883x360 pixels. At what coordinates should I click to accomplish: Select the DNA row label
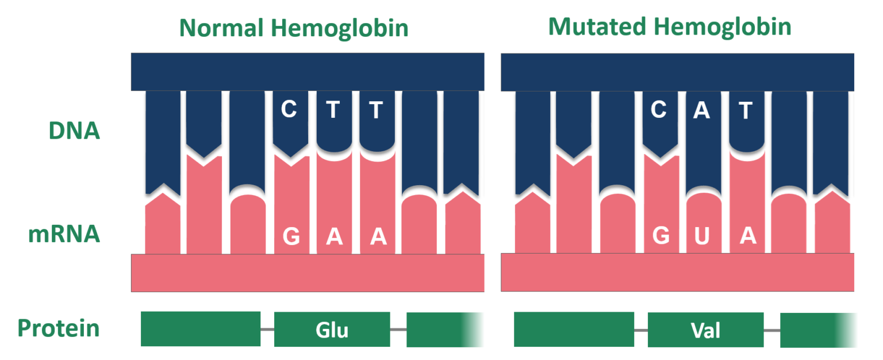pos(74,131)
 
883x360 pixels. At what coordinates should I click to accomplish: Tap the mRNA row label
pos(64,235)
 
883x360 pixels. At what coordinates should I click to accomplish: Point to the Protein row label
pos(58,329)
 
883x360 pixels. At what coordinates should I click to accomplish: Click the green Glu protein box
pos(332,330)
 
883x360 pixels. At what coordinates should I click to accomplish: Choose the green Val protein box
pos(705,330)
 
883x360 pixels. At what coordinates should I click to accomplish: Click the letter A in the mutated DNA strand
pos(701,109)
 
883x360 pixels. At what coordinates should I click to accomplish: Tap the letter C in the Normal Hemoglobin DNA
pos(289,109)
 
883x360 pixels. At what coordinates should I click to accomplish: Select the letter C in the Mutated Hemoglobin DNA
pos(658,109)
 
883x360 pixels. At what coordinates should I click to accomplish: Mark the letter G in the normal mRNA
pos(291,236)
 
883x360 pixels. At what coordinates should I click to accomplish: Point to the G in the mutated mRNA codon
pos(661,236)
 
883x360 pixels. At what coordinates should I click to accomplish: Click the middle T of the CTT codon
pos(332,109)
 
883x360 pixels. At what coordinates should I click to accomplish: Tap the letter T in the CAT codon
pos(746,110)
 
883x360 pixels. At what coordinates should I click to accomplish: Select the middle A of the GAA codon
pos(334,236)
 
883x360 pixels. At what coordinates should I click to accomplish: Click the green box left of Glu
pos(200,329)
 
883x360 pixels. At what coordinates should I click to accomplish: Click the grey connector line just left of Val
pos(640,330)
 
